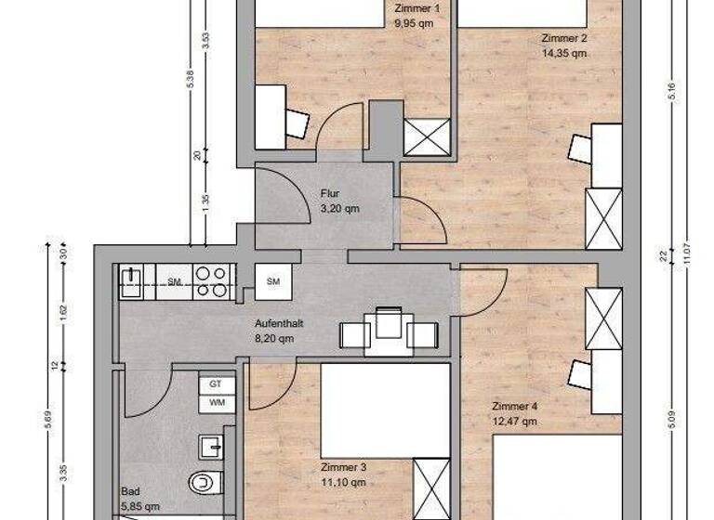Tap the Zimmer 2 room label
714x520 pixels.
click(564, 39)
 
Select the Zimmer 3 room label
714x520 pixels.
click(343, 467)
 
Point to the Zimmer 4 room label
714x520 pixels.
click(514, 407)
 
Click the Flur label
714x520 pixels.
click(330, 194)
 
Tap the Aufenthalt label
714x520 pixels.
click(280, 324)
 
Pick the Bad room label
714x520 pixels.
click(130, 491)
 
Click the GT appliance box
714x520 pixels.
click(216, 383)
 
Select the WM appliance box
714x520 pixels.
click(216, 403)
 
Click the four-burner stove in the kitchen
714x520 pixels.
click(213, 281)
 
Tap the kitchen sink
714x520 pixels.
click(131, 281)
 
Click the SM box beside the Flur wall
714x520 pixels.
click(273, 280)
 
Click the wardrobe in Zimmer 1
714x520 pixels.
click(429, 138)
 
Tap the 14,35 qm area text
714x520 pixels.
click(564, 53)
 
